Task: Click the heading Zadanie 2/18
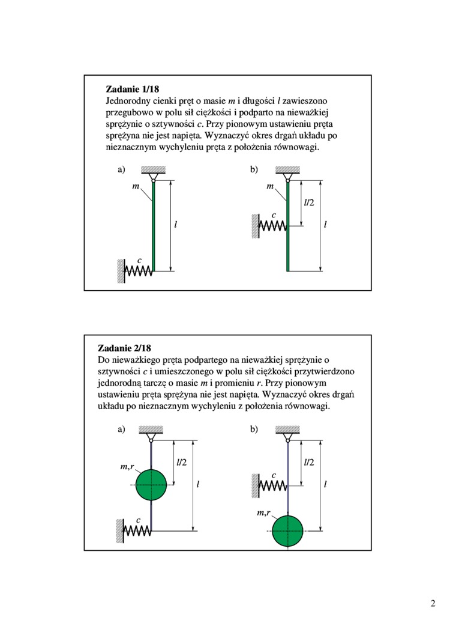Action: tap(124, 348)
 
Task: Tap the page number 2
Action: tap(433, 603)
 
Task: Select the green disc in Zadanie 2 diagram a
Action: tap(151, 485)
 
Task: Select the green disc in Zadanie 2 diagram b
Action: tap(287, 531)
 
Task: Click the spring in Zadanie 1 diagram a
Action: tap(139, 271)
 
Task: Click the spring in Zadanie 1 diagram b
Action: tap(273, 226)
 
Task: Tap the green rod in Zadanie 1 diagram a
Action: tap(154, 228)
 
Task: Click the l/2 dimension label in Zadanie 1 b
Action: tap(309, 202)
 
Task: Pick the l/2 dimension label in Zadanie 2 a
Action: tap(181, 462)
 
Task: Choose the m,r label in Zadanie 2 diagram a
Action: tap(127, 467)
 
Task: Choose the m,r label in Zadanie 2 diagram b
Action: tap(263, 513)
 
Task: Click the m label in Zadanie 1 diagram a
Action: tap(136, 187)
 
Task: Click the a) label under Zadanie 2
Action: tap(121, 430)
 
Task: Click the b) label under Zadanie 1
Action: tap(254, 170)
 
